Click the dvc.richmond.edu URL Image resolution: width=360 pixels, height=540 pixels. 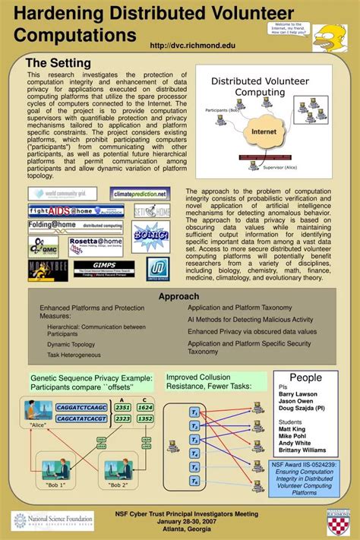(193, 46)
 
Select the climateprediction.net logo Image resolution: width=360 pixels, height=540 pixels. (139, 194)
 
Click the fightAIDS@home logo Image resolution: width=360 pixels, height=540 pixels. (65, 210)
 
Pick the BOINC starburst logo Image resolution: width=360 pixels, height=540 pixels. (150, 235)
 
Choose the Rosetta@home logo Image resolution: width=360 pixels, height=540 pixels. (95, 245)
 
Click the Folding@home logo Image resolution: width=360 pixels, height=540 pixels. (65, 226)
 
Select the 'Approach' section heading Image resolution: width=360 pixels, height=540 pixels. (179, 296)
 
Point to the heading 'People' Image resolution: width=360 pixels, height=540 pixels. (305, 378)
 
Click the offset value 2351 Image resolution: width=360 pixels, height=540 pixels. (122, 407)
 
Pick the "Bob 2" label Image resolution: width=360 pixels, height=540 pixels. (118, 485)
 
